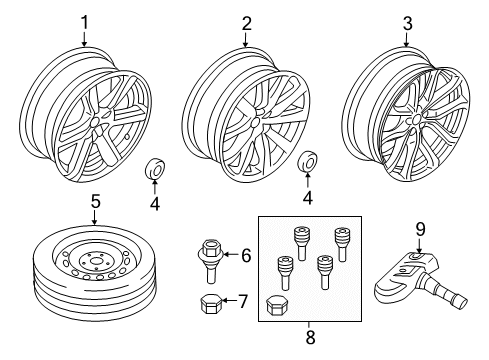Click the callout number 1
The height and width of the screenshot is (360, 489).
85,21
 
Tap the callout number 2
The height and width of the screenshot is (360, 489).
246,21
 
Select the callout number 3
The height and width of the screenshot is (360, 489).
407,21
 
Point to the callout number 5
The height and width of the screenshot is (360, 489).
96,201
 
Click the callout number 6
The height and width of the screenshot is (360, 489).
246,256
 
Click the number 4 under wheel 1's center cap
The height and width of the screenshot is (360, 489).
155,204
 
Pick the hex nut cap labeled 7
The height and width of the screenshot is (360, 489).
210,302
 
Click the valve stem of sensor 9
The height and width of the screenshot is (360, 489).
455,300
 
